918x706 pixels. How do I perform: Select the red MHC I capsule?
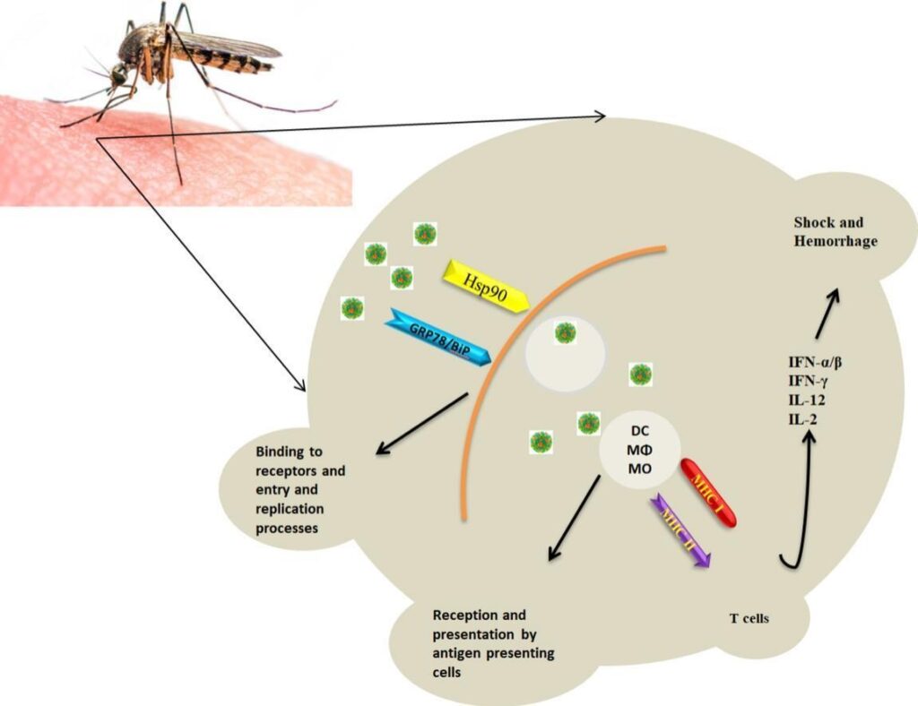click(708, 492)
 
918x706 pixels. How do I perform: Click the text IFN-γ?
click(808, 383)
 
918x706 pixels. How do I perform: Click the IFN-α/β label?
click(815, 363)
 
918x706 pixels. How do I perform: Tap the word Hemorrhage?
click(835, 242)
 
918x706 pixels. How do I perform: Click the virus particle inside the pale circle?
click(565, 333)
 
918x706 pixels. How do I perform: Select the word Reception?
click(466, 616)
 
